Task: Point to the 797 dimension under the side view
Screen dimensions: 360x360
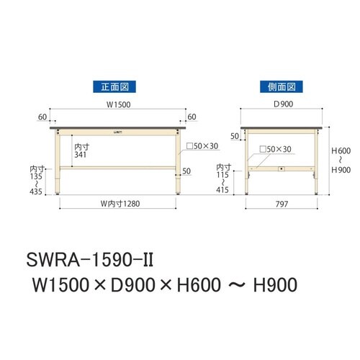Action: point(281,204)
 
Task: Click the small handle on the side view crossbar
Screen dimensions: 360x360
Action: point(282,170)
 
